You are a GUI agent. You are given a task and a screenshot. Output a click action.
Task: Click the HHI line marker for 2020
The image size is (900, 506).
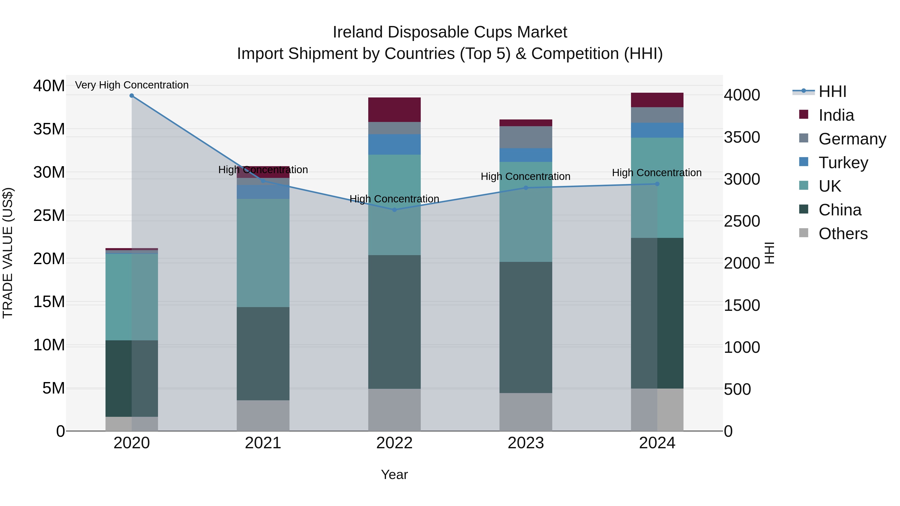point(132,96)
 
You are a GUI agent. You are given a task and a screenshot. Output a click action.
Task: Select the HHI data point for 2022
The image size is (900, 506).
point(394,210)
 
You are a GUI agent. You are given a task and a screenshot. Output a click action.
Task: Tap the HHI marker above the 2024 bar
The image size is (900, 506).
point(657,184)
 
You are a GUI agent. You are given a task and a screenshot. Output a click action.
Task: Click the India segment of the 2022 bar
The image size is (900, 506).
point(394,110)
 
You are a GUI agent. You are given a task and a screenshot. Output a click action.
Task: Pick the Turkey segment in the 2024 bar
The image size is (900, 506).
point(657,130)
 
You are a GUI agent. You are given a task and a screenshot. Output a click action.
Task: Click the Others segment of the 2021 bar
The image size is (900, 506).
point(263,415)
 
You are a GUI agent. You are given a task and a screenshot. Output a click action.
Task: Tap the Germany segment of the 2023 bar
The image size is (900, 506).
point(526,137)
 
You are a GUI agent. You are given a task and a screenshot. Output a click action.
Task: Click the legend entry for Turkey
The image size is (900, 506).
point(843,163)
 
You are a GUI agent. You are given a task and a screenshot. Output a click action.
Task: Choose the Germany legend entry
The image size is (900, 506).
point(852,139)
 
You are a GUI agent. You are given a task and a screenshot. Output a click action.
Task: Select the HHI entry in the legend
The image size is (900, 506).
point(832,91)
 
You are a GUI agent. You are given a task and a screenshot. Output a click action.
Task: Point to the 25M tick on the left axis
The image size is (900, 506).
point(49,215)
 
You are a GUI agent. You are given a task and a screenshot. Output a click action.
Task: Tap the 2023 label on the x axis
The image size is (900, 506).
point(526,443)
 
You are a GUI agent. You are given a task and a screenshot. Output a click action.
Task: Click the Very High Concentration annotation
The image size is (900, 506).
point(132,85)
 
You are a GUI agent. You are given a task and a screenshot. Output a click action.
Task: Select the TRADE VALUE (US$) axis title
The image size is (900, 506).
point(8,253)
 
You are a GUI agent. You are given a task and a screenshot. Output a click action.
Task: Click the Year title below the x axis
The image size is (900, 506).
point(394,475)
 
